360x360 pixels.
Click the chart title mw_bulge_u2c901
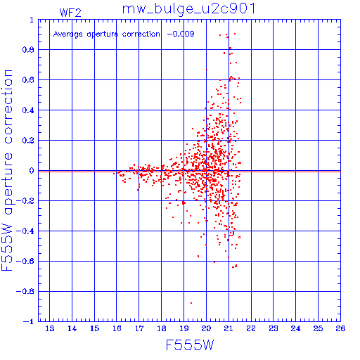point(188,9)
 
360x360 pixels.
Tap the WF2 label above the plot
point(70,13)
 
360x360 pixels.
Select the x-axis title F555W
point(190,345)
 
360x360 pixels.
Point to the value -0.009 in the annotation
point(181,34)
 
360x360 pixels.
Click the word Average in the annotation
point(68,34)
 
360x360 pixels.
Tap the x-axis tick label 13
point(49,328)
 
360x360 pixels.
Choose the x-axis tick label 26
point(340,328)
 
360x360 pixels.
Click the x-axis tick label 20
point(206,328)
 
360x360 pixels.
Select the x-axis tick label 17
point(139,328)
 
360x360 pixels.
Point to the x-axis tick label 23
point(274,328)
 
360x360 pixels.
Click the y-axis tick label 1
point(32,20)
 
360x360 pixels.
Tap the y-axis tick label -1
point(29,321)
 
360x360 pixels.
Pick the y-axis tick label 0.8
point(28,50)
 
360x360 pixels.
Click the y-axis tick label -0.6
point(25,261)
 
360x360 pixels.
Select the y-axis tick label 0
point(32,170)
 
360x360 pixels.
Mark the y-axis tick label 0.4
point(28,110)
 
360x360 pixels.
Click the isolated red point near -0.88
point(191,303)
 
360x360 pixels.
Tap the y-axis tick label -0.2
point(25,201)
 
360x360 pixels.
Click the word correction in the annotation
point(141,34)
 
